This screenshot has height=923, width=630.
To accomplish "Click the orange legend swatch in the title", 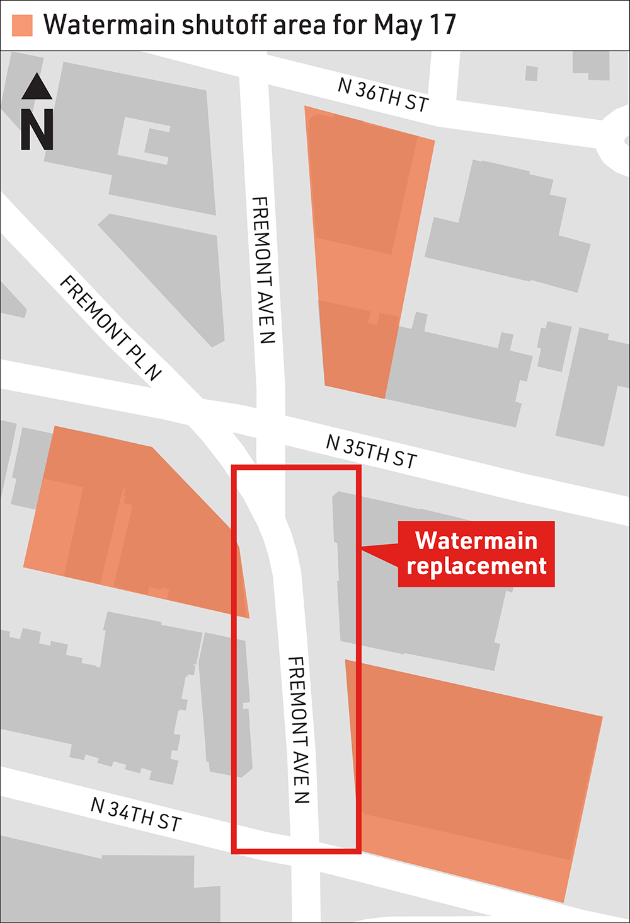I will pyautogui.click(x=22, y=25).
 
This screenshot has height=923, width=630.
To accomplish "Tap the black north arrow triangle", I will pyautogui.click(x=37, y=87).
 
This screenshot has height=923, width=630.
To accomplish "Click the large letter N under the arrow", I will pyautogui.click(x=37, y=130).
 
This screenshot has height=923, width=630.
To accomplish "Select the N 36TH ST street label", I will pyautogui.click(x=383, y=95).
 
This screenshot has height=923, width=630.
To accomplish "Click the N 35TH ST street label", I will pyautogui.click(x=371, y=451).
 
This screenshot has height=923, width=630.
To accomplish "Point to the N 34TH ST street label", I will pyautogui.click(x=136, y=814).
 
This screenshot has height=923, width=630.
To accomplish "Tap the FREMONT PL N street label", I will pyautogui.click(x=111, y=328).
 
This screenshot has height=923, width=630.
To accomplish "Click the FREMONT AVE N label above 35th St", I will pyautogui.click(x=263, y=270).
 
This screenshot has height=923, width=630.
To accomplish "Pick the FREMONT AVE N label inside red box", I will pyautogui.click(x=298, y=729).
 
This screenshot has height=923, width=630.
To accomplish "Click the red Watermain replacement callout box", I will pyautogui.click(x=476, y=554).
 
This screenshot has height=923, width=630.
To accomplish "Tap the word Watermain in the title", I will pyautogui.click(x=109, y=25).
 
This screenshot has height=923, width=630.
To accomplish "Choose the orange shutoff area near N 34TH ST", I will pyautogui.click(x=472, y=775).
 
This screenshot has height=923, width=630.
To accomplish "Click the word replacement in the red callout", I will pyautogui.click(x=476, y=566).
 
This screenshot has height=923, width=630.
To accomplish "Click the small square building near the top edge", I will pyautogui.click(x=531, y=73).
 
